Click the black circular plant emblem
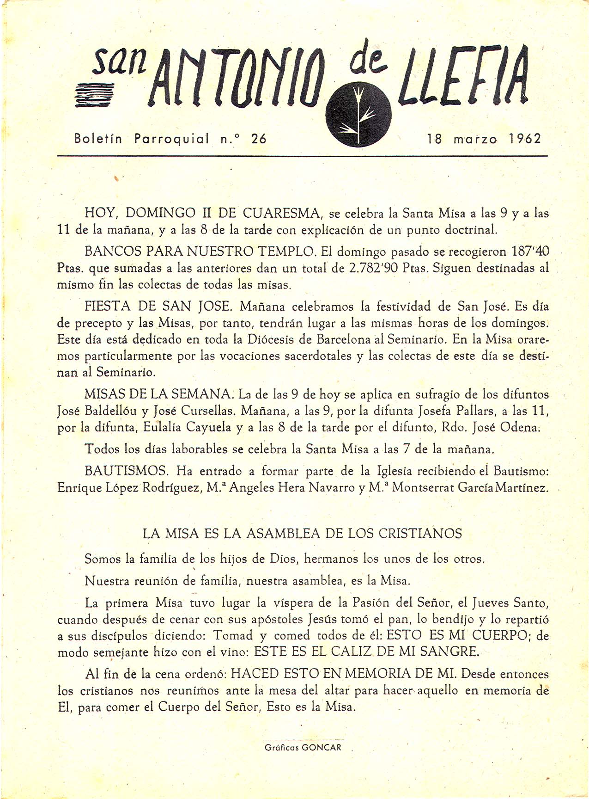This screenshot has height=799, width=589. point(358,114)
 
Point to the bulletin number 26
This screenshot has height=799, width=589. point(259,138)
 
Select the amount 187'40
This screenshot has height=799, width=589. point(530,252)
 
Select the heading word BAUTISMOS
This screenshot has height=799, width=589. point(126,471)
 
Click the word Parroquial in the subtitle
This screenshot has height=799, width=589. point(171,138)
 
